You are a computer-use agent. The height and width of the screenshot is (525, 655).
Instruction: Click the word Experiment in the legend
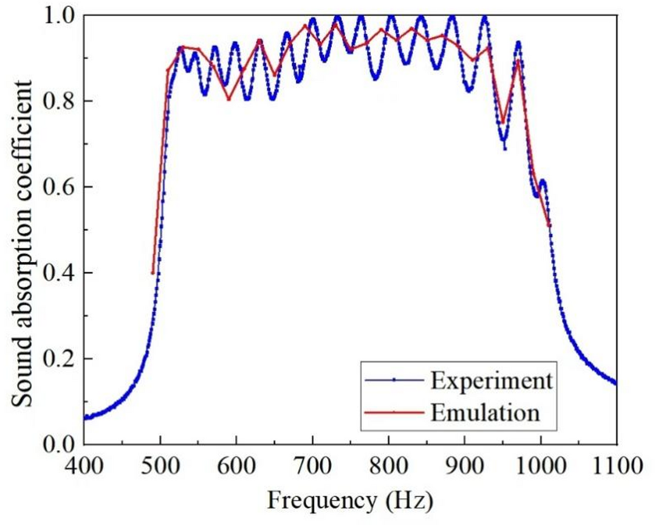point(492,381)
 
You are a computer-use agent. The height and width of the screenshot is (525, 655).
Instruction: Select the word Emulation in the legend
point(485,413)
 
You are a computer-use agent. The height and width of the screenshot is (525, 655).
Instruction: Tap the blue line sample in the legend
point(393,380)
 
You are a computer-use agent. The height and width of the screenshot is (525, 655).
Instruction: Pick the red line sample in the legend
point(393,412)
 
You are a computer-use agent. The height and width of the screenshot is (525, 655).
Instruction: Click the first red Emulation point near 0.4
point(153,273)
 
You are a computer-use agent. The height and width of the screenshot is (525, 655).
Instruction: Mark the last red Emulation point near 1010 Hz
point(549,225)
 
